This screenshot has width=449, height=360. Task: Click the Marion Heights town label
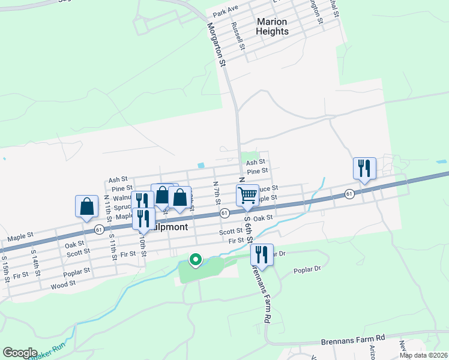[x=272, y=26]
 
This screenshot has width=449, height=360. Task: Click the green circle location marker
[x=195, y=260]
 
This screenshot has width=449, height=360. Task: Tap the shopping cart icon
[x=247, y=195]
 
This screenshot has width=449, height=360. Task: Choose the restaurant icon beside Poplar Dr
[x=262, y=254]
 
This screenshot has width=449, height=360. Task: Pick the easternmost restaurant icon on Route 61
[x=364, y=168]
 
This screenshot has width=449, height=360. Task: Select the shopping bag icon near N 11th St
[x=87, y=206]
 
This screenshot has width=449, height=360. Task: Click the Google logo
[x=20, y=353]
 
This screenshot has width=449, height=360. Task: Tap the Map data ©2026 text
[x=423, y=355]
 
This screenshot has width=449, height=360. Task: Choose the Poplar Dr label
[x=307, y=270]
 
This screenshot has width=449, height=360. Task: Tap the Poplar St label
[x=76, y=271]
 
